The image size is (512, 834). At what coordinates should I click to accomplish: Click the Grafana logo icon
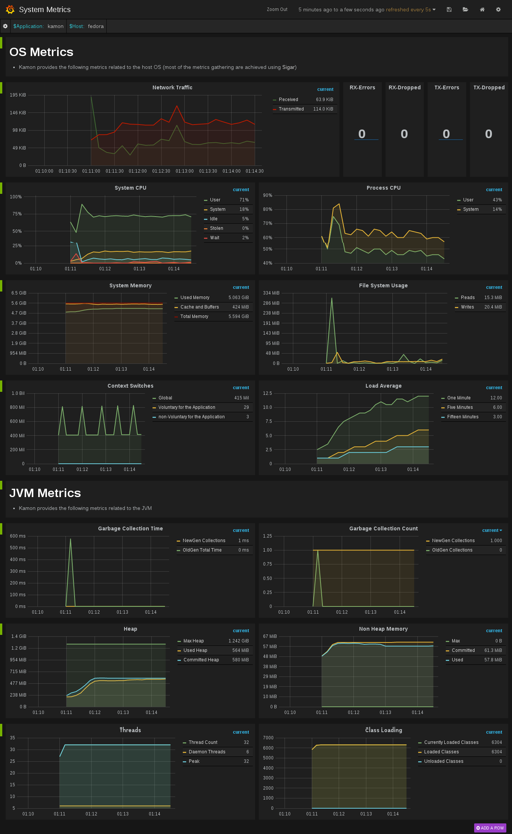(x=10, y=9)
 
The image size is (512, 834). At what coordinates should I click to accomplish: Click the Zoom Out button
(x=277, y=9)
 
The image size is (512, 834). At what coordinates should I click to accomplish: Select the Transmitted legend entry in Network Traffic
(x=291, y=109)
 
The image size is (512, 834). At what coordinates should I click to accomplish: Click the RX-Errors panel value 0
(x=362, y=134)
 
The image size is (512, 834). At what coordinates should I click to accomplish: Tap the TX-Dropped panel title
(x=489, y=87)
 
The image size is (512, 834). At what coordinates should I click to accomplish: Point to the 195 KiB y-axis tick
(x=18, y=95)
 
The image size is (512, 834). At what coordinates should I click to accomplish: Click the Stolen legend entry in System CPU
(x=216, y=228)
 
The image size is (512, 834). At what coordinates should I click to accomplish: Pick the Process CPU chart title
(x=383, y=188)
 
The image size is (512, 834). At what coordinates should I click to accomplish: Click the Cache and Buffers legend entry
(x=199, y=307)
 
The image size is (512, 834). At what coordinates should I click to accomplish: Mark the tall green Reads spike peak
(x=332, y=298)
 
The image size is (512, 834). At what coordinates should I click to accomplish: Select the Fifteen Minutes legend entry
(x=462, y=417)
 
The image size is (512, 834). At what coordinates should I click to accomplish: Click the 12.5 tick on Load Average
(x=268, y=393)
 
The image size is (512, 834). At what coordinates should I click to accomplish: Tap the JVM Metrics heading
(x=45, y=493)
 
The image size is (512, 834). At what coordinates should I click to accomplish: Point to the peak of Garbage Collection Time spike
(x=70, y=539)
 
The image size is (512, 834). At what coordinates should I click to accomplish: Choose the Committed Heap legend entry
(x=201, y=660)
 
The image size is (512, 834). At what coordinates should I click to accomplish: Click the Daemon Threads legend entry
(x=207, y=752)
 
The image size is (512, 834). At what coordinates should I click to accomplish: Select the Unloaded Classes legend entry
(x=444, y=761)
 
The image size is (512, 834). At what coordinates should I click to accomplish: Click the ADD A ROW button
(x=490, y=828)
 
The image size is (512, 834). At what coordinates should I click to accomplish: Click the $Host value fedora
(x=96, y=26)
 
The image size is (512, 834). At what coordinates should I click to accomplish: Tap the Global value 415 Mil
(x=241, y=398)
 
